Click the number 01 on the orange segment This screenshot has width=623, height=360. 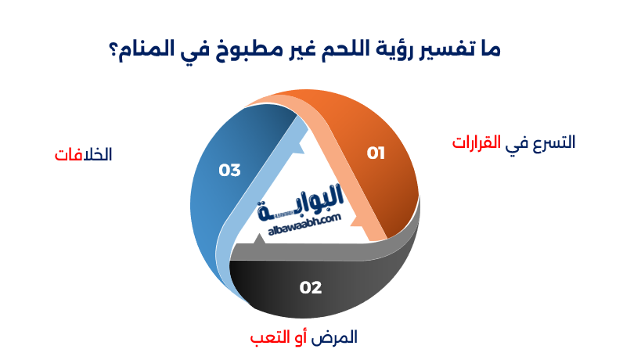coord(376,153)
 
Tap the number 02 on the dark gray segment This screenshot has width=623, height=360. coord(311,288)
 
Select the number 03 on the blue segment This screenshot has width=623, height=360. coord(229,170)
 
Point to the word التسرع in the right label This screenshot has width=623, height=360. coord(551,142)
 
